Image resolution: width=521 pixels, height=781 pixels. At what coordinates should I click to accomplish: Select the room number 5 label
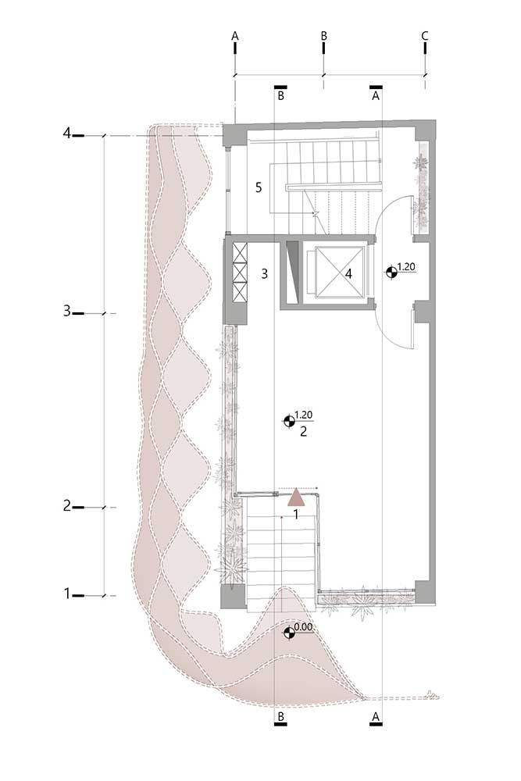[x=258, y=187]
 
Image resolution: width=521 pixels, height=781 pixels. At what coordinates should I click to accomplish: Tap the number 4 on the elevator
[x=348, y=273]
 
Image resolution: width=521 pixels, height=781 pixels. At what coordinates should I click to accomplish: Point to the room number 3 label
[x=265, y=273]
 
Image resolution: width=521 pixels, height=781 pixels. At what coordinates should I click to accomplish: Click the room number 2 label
[x=303, y=431]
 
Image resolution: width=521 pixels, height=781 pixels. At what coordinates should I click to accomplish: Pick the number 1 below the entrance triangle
[x=296, y=515]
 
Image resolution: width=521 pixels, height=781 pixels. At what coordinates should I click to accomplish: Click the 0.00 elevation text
[x=303, y=627]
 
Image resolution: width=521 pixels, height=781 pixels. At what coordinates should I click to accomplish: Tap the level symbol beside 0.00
[x=288, y=633]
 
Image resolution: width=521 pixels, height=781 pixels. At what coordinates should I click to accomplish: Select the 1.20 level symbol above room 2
[x=288, y=422]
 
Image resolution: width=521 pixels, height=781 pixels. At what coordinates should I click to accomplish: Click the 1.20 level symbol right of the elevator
[x=391, y=272]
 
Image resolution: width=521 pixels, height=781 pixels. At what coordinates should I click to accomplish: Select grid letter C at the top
[x=425, y=36]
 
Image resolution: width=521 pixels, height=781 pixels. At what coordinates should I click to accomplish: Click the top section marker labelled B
[x=280, y=93]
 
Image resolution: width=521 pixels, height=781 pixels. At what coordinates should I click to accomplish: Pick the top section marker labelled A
[x=376, y=93]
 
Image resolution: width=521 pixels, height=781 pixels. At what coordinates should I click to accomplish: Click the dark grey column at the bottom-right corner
[x=426, y=593]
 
